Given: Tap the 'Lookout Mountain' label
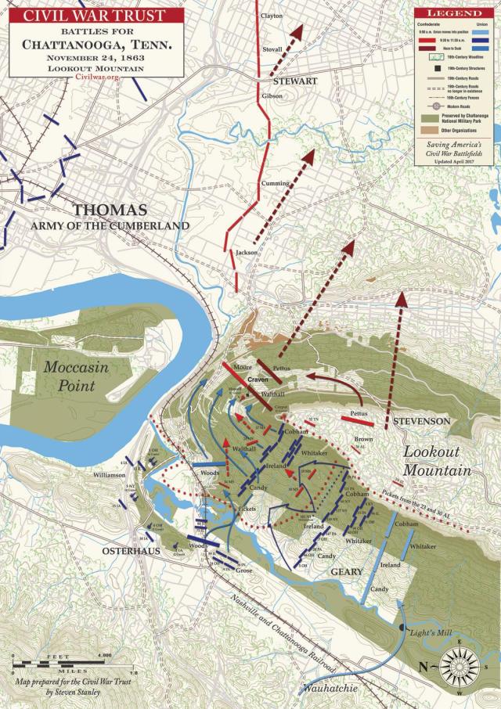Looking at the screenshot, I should click(438, 461).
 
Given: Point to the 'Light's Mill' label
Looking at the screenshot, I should click(426, 630).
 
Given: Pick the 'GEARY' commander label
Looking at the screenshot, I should click(346, 572).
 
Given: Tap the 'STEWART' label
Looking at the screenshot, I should click(295, 81).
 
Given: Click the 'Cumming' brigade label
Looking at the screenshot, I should click(275, 183).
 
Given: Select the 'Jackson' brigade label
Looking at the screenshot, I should click(246, 253).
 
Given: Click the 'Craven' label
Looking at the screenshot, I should click(258, 380).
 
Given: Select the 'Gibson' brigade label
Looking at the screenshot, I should click(272, 95).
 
